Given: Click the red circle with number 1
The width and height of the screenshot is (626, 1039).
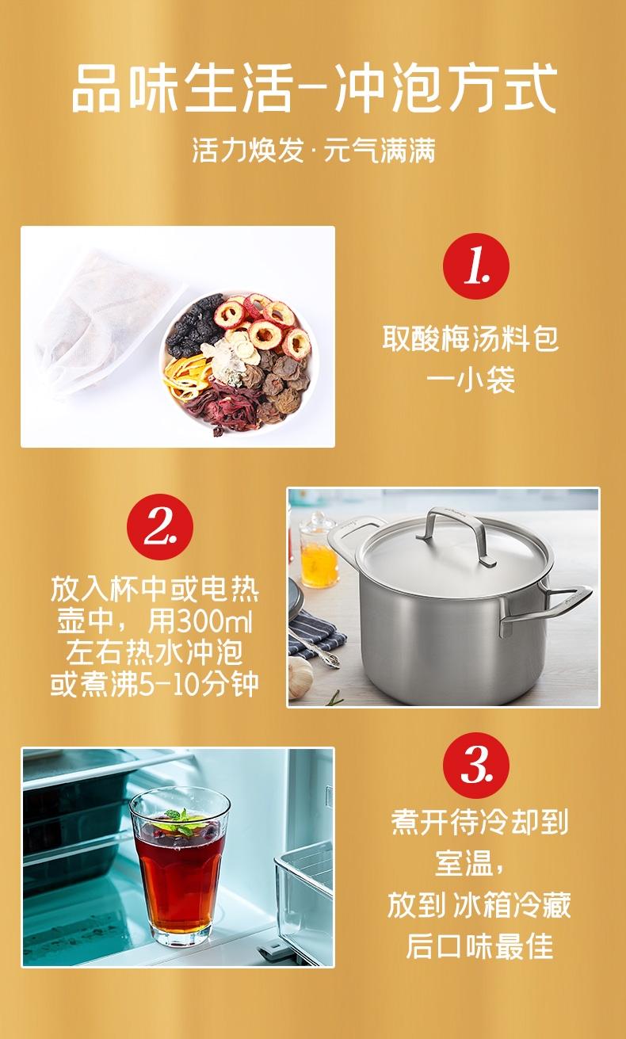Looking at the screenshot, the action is click(x=475, y=266).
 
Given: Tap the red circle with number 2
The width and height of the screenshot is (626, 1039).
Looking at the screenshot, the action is click(x=160, y=526).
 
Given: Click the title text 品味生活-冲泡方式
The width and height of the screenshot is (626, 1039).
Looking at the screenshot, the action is click(x=314, y=88).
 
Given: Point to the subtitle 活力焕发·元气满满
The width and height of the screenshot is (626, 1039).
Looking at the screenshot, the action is click(x=314, y=150).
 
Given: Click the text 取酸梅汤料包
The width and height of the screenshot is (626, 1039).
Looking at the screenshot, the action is click(x=470, y=338).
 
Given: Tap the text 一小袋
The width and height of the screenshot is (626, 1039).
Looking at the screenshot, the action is click(x=470, y=380).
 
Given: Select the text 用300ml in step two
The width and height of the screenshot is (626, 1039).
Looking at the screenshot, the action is click(x=200, y=621).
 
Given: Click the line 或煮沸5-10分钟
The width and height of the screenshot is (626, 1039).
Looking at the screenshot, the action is click(x=155, y=683).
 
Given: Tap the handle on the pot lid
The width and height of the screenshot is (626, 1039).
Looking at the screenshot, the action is click(x=456, y=536).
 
